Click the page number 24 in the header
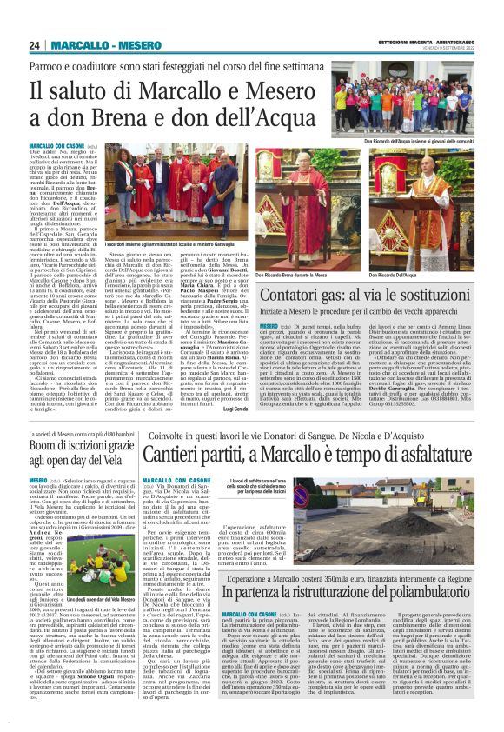click(x=36, y=45)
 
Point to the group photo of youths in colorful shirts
click(x=414, y=106)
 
